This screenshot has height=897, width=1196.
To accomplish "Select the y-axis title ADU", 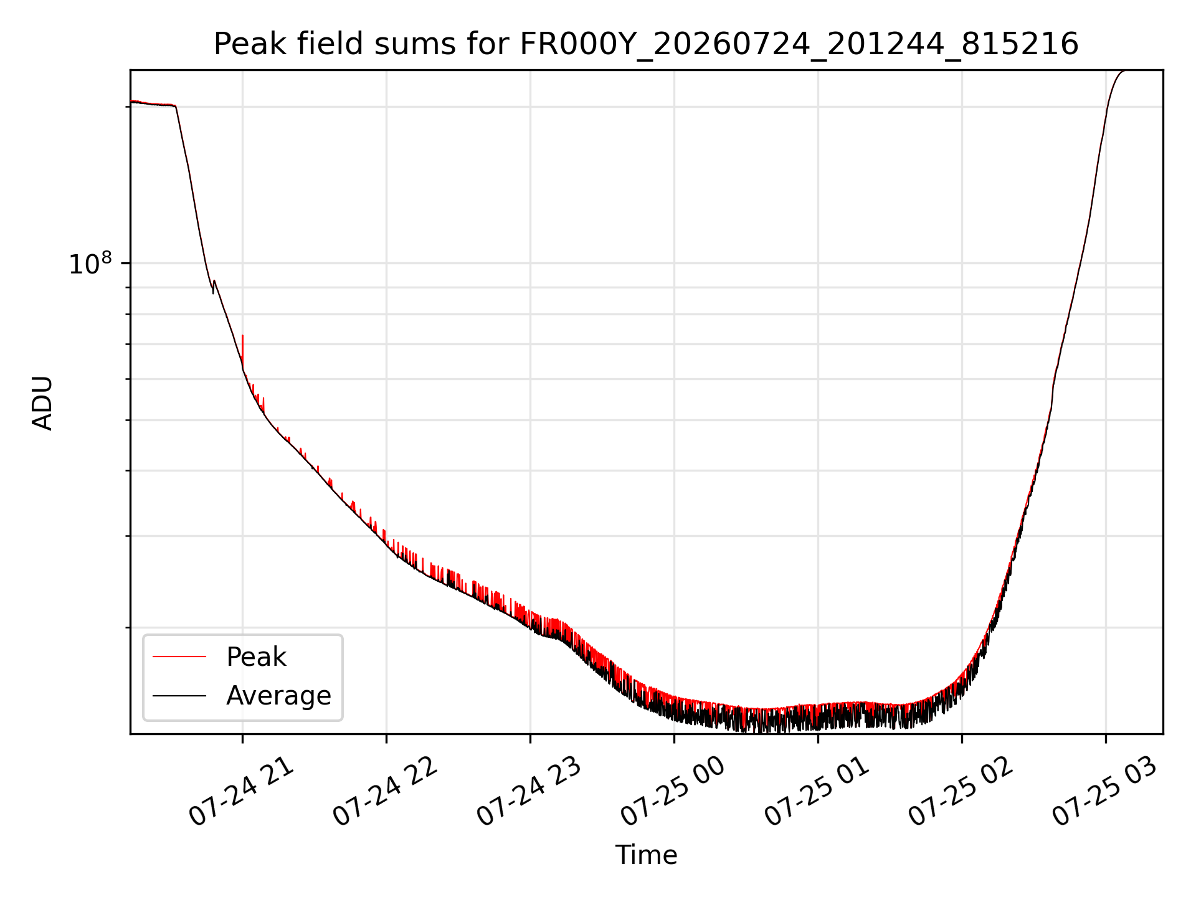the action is pos(42,403).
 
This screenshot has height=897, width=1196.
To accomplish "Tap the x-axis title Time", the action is pos(646,855).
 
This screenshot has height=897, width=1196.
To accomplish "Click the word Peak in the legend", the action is pos(256,657).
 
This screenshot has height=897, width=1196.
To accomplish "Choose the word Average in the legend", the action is pos(278,696).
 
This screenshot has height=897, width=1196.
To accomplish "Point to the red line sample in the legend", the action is pos(179,657).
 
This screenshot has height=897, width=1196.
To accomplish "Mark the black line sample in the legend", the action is pos(179,695).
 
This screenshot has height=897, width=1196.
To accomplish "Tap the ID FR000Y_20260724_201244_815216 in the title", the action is pos(799,45).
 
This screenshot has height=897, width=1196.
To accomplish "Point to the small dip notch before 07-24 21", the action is pos(213,287).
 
